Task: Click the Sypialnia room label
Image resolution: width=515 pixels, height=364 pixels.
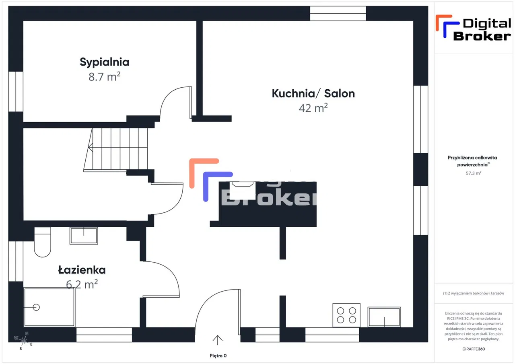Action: pyautogui.click(x=104, y=62)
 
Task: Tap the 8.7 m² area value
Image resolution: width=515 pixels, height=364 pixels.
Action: pyautogui.click(x=104, y=76)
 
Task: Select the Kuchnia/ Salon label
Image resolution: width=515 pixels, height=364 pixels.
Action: pyautogui.click(x=313, y=94)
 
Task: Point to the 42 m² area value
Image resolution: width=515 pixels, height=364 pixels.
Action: pyautogui.click(x=313, y=108)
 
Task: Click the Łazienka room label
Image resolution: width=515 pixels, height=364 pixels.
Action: pyautogui.click(x=82, y=270)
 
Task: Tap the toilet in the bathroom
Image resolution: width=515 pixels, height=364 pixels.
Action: pyautogui.click(x=42, y=242)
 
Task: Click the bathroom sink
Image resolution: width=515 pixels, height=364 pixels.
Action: pyautogui.click(x=84, y=236)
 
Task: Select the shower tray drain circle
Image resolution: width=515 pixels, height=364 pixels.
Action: pyautogui.click(x=36, y=307)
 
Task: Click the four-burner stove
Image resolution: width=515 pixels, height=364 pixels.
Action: pyautogui.click(x=346, y=315)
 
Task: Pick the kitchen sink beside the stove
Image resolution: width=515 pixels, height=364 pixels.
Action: pyautogui.click(x=384, y=317)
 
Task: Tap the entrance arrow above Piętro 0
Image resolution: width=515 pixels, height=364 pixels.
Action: pyautogui.click(x=218, y=340)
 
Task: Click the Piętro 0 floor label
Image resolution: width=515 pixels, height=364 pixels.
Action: pyautogui.click(x=218, y=356)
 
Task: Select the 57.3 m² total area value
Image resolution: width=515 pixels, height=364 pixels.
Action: pyautogui.click(x=474, y=173)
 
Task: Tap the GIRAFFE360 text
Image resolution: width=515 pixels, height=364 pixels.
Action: pyautogui.click(x=474, y=349)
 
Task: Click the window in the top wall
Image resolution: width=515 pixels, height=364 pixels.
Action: pyautogui.click(x=338, y=13)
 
